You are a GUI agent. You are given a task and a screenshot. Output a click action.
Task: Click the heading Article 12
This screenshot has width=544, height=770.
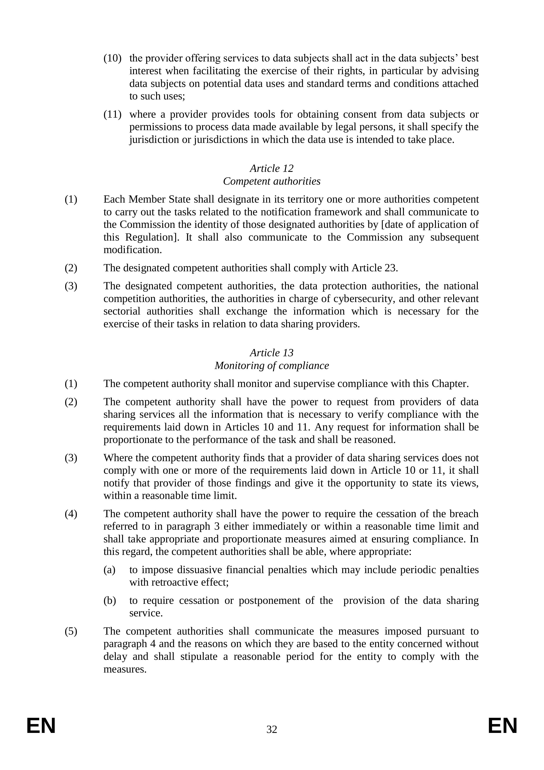pyautogui.click(x=272, y=168)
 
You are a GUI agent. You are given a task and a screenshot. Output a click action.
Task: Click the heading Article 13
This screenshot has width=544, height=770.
pyautogui.click(x=272, y=353)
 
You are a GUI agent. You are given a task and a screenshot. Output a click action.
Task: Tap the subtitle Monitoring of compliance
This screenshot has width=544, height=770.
pyautogui.click(x=272, y=365)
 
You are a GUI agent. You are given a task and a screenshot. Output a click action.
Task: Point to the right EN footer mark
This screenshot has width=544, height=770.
pyautogui.click(x=503, y=726)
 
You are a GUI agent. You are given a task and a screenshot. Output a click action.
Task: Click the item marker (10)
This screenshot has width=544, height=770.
pyautogui.click(x=112, y=58)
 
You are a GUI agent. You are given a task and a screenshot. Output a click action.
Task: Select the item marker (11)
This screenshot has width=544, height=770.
pyautogui.click(x=112, y=115)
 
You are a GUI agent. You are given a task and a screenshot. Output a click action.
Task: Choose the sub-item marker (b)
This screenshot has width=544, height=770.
pyautogui.click(x=110, y=601)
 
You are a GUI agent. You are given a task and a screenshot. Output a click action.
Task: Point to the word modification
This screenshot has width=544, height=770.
pyautogui.click(x=132, y=250)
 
